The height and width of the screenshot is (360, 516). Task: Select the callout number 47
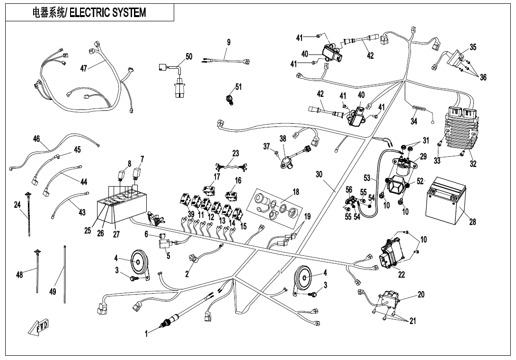pos(83,68)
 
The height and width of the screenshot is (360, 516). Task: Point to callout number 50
pos(188,57)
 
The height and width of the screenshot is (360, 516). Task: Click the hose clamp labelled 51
pos(231,99)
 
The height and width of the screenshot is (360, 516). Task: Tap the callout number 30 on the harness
pos(319,174)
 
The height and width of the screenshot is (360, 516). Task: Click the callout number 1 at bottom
pos(146,334)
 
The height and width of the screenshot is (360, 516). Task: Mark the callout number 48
pos(20,274)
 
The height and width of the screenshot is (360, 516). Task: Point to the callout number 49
pos(53,292)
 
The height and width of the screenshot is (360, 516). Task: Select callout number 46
pos(36,139)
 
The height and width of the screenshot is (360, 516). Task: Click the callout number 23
pos(236,153)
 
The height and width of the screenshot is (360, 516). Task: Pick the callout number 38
pos(283,139)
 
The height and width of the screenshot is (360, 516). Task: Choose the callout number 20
pos(421,295)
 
